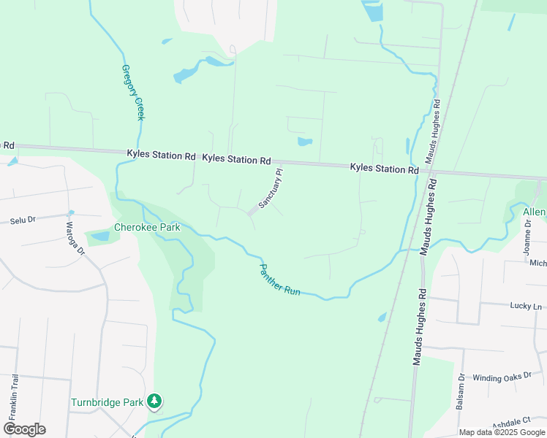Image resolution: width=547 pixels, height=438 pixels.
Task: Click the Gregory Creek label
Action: pos(133,92)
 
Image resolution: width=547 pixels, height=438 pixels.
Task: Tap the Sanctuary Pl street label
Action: pos(270,190)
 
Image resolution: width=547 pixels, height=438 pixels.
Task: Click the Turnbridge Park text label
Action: pos(106,402)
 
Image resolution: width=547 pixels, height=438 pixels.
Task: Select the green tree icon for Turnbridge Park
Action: pos(154,401)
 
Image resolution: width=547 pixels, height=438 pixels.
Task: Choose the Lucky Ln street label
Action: pos(527,307)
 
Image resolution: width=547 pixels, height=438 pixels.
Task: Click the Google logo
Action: pos(25,429)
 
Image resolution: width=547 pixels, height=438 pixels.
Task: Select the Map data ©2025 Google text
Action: pos(502,432)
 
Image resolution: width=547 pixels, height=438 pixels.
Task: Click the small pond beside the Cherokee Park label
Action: pos(98,237)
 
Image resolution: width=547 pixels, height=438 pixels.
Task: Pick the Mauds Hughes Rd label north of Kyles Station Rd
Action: pos(432,131)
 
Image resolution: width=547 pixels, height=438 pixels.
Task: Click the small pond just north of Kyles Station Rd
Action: pos(305,141)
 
